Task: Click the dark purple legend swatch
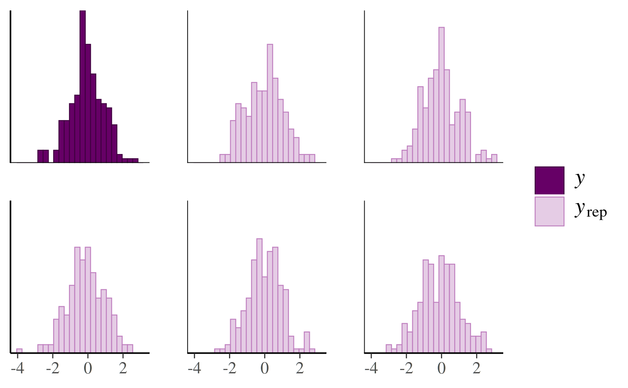pos(549,180)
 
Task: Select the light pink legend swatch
pos(549,212)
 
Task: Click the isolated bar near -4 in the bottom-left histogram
pos(19,350)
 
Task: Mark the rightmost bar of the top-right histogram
pos(494,158)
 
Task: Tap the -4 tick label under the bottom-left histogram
pos(18,368)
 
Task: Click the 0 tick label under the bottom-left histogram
pos(88,368)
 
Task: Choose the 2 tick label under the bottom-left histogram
pos(123,368)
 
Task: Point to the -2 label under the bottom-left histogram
pos(53,368)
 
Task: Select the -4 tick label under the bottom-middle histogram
pos(195,368)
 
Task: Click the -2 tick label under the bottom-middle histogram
pos(230,368)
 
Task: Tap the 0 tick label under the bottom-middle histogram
pos(265,368)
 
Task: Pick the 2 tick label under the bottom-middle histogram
pos(300,368)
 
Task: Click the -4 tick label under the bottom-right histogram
pos(371,368)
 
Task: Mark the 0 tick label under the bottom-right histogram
pos(442,368)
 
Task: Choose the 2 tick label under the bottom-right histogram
pos(476,368)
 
